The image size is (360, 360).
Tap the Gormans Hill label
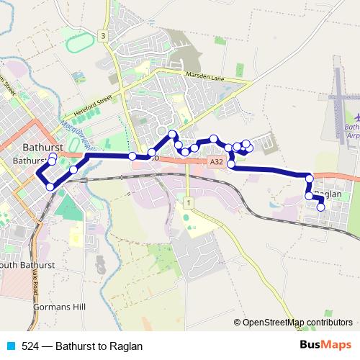tap(60, 307)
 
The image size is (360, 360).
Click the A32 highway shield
tap(217, 163)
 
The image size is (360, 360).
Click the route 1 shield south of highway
tap(188, 204)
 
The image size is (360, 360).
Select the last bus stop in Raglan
tap(321, 207)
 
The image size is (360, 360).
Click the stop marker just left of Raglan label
tap(309, 196)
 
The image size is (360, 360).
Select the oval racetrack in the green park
tap(81, 43)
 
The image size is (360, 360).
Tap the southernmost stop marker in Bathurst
tap(50, 187)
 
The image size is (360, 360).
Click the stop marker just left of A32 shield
tap(194, 148)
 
